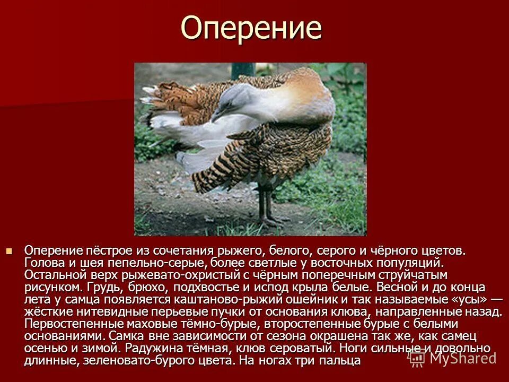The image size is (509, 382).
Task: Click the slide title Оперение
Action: pos(251,28)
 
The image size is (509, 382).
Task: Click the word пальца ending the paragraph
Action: pos(343,361)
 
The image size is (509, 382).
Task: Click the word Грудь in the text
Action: pos(101,288)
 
